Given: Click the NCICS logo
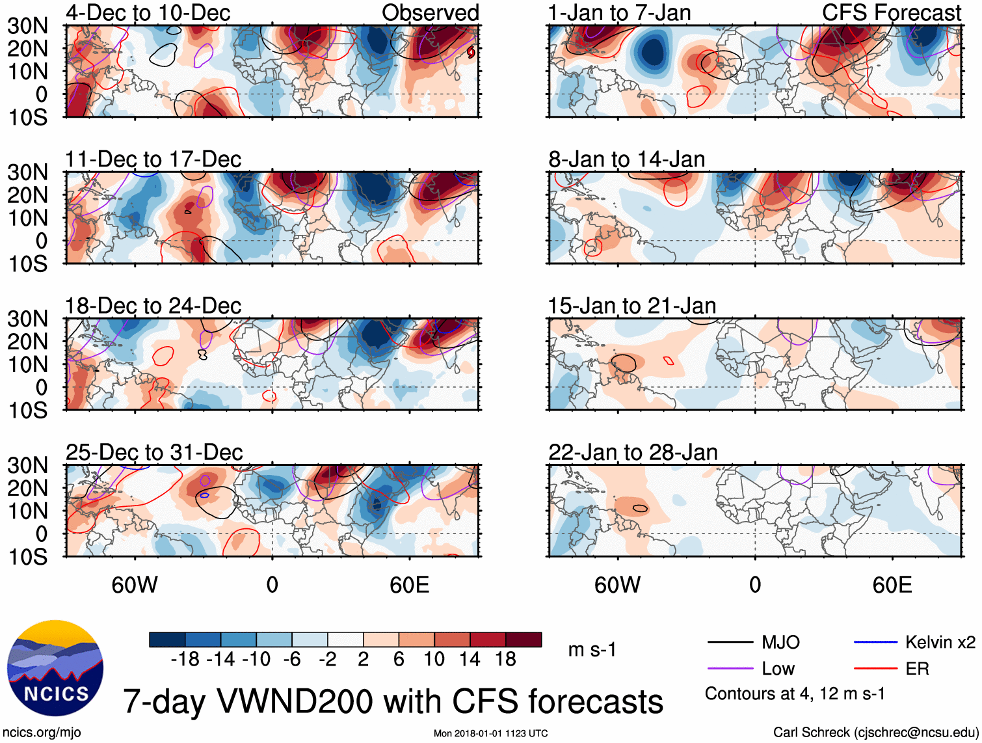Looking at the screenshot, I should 55,668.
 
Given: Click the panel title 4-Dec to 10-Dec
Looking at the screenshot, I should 148,12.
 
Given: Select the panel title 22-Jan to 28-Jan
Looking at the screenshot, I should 633,452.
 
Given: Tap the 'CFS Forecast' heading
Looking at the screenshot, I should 891,12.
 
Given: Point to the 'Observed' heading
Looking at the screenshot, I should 430,12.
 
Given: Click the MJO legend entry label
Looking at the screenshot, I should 780,643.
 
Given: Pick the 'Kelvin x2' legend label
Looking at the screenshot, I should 940,643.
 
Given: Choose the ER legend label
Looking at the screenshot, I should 917,669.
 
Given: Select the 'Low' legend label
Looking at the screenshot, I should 778,669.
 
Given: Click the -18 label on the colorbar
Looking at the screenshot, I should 185,660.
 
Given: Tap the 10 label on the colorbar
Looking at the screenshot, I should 434,660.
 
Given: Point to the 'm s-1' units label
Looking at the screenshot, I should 592,650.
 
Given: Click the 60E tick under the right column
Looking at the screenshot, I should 892,585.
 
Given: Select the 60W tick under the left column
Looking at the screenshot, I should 135,585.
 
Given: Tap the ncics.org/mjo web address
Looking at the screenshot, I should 42,733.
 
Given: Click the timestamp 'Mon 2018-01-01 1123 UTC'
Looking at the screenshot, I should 490,733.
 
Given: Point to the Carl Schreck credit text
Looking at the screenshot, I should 875,733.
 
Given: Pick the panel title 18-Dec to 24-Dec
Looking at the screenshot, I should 153,306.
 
